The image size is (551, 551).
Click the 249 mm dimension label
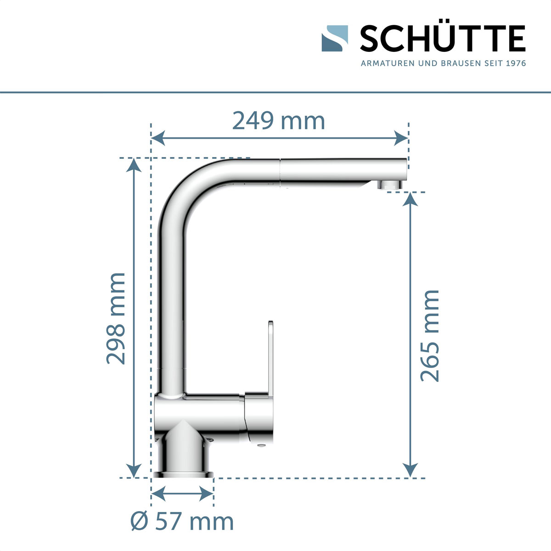point(278,121)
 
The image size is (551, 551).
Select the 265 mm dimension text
point(430,335)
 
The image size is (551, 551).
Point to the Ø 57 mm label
point(182,522)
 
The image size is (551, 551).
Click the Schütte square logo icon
point(335,38)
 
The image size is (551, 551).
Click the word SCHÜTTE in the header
point(442,39)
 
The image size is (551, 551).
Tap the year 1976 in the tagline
point(515,63)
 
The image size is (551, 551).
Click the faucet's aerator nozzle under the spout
point(390,185)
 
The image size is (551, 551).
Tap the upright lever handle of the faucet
point(270,358)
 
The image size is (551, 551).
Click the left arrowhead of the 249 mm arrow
point(158,137)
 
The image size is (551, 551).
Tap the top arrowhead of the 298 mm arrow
point(134,164)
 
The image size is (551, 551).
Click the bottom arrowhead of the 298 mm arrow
point(134,471)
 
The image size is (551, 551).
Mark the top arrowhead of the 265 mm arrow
point(410,199)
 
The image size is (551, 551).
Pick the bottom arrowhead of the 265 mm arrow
point(410,471)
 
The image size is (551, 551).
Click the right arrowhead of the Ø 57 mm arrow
point(207,494)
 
